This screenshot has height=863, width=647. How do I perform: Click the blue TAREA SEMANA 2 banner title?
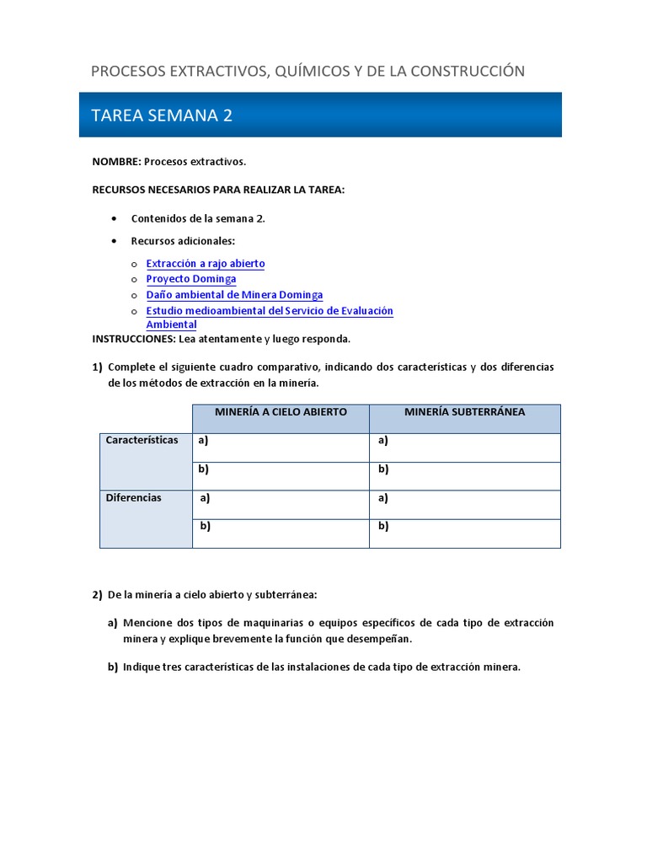(162, 115)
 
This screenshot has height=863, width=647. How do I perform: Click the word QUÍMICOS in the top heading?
(309, 71)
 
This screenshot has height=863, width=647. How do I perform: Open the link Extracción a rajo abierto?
(206, 264)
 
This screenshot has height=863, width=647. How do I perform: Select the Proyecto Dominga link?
(191, 279)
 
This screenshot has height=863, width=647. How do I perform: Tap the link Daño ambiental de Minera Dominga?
(234, 295)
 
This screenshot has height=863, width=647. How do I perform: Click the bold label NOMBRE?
(116, 161)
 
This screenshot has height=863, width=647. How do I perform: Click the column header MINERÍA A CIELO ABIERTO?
(281, 412)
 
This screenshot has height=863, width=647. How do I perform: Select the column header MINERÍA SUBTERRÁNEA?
(464, 412)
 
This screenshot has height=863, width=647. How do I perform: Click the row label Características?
(142, 440)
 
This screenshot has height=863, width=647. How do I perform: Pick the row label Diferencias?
(133, 497)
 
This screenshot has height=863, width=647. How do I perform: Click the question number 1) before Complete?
(97, 367)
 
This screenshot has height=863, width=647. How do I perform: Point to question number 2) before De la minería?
(97, 595)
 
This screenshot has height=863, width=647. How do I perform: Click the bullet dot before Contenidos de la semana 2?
(114, 218)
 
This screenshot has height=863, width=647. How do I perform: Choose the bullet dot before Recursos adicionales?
(114, 241)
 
